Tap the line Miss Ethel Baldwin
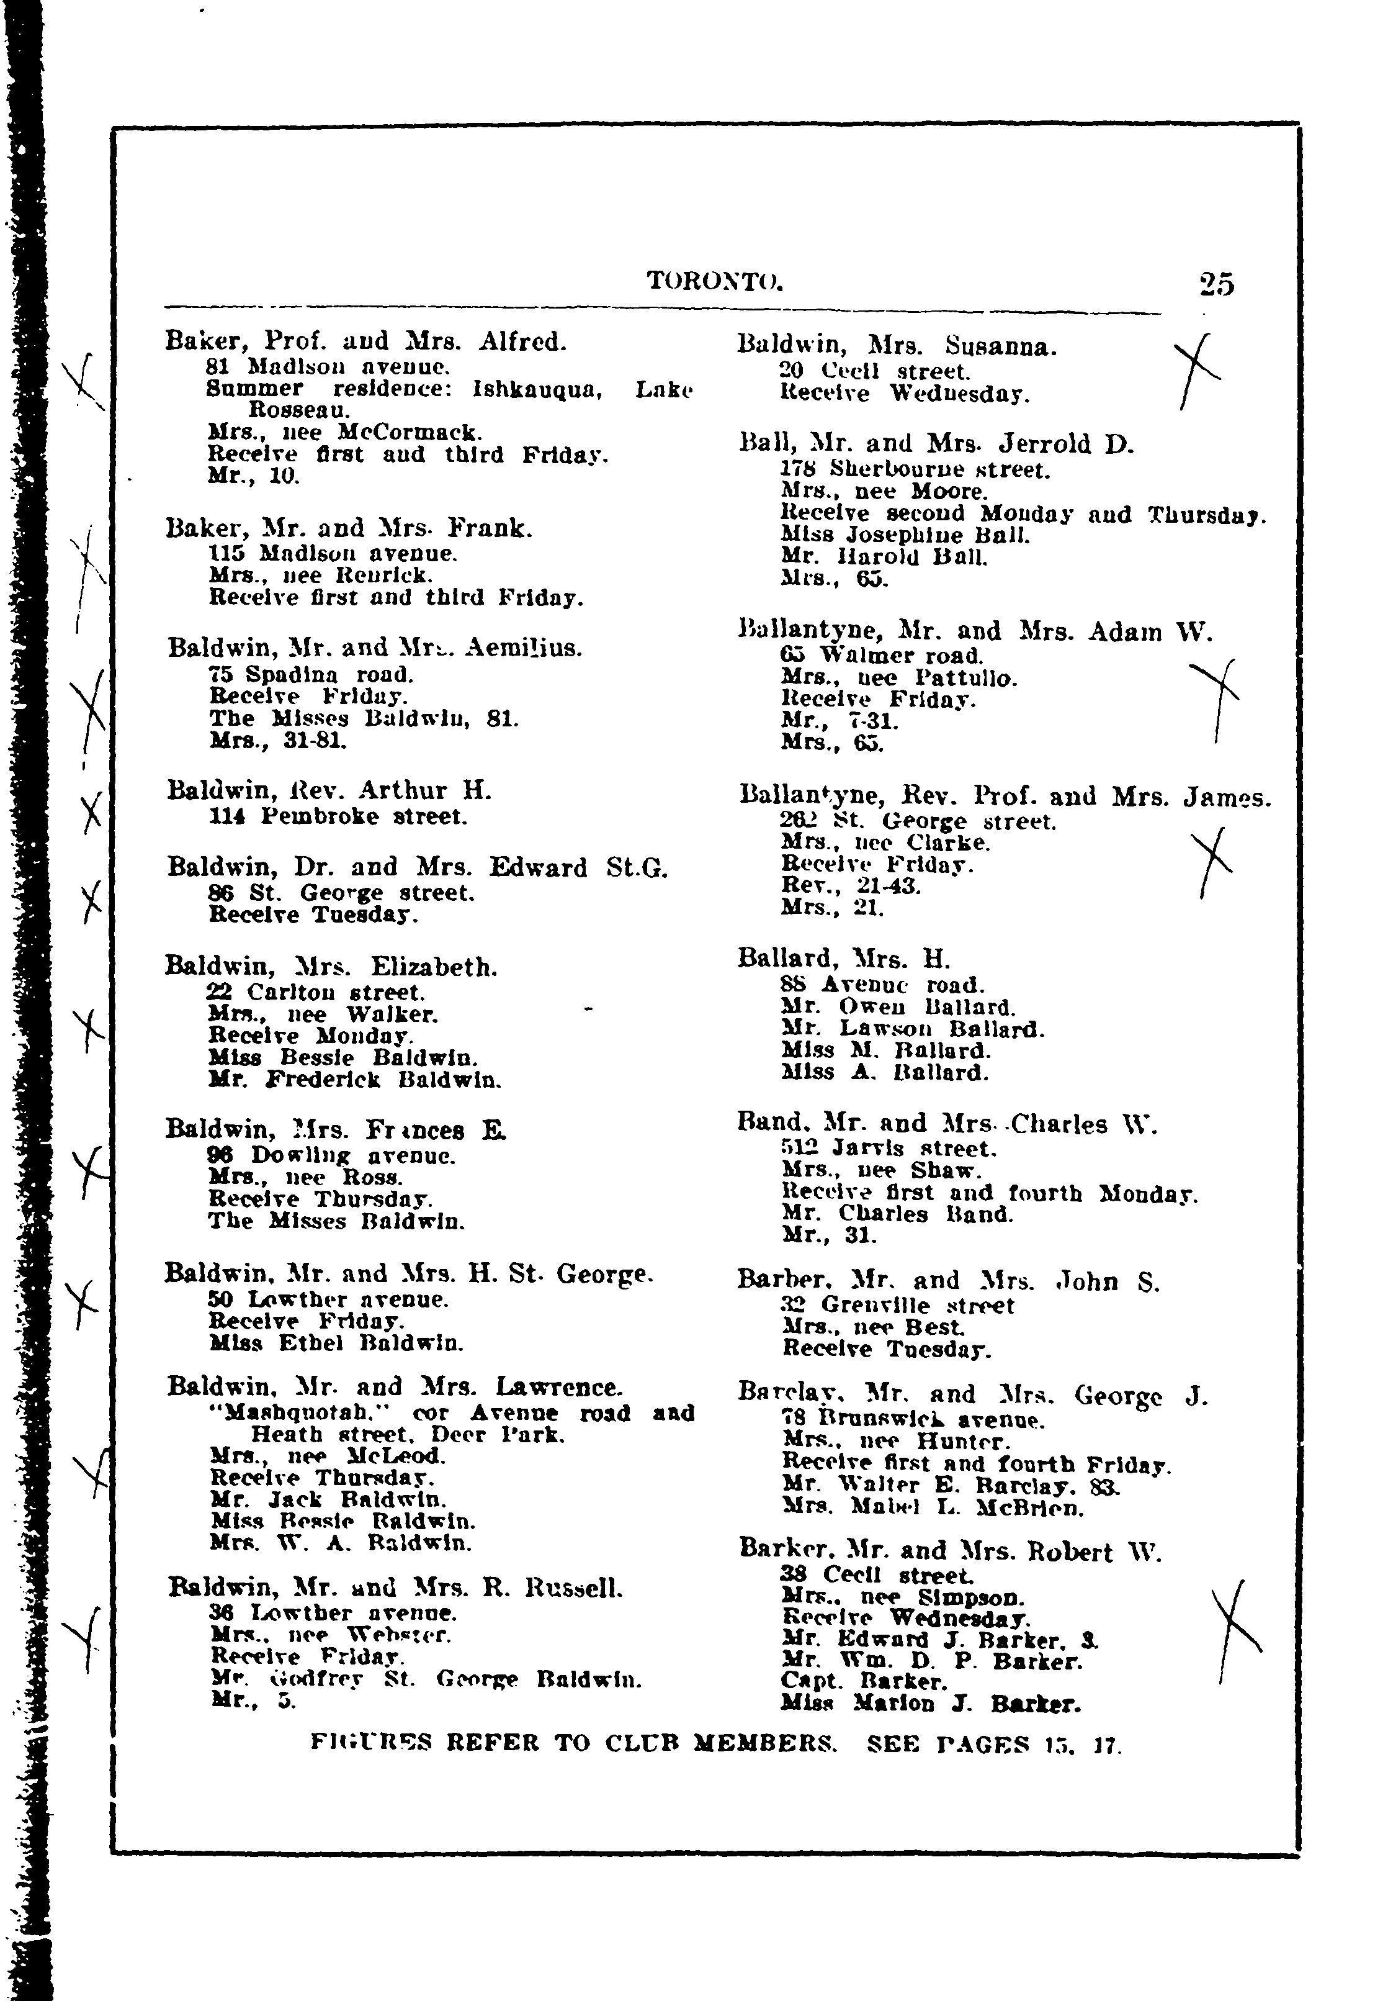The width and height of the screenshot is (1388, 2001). click(x=336, y=1344)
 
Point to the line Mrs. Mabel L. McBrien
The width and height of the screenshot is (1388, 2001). click(x=933, y=1507)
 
